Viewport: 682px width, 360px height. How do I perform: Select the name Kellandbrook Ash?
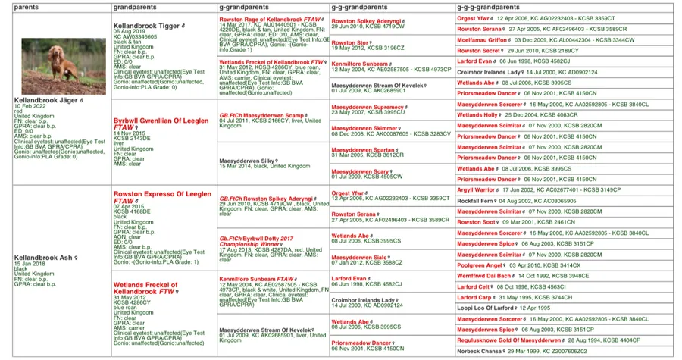[x=43, y=258]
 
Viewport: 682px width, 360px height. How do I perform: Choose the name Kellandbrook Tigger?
[x=145, y=24]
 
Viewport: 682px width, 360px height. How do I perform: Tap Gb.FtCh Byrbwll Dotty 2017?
[x=254, y=237]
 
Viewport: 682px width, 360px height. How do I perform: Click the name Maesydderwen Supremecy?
[x=368, y=107]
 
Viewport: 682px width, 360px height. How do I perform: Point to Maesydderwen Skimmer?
[x=364, y=128]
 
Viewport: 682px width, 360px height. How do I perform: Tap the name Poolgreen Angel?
[x=480, y=266]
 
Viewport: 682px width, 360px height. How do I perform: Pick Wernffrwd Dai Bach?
[x=483, y=276]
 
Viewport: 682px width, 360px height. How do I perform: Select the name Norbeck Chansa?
[x=480, y=352]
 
